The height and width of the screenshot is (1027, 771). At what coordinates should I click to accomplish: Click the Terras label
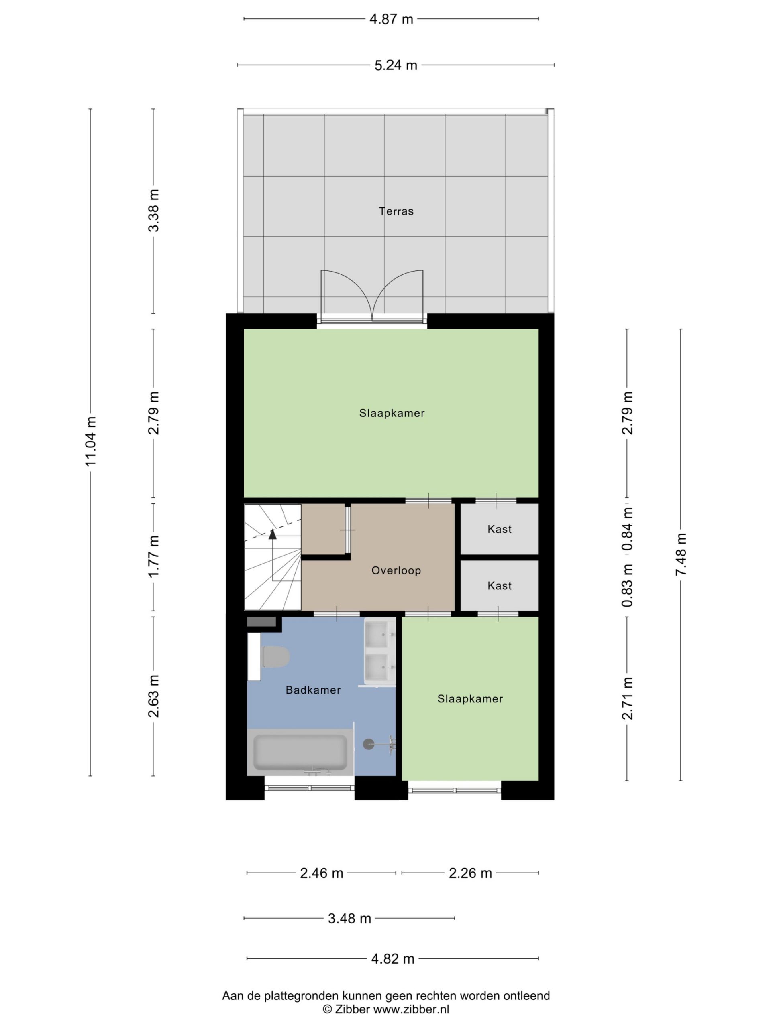(x=396, y=211)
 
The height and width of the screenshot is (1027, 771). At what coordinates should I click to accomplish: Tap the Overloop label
(x=396, y=570)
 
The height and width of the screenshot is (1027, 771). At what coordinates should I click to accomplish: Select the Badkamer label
(x=313, y=690)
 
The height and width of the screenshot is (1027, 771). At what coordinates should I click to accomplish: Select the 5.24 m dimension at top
(x=396, y=65)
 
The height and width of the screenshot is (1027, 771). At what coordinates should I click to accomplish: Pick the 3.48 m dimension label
(x=349, y=919)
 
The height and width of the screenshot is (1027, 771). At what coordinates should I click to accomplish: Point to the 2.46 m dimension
(x=322, y=873)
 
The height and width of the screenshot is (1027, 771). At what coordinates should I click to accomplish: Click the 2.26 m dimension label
(x=470, y=873)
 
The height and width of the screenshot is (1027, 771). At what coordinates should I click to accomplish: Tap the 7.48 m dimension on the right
(x=681, y=554)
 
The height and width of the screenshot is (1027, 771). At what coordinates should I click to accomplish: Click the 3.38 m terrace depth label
(x=153, y=211)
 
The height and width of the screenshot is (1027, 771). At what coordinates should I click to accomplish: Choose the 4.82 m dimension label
(x=393, y=959)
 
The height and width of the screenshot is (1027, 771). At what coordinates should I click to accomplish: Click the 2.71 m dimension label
(x=627, y=699)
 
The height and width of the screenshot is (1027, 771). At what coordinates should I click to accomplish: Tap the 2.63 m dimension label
(x=153, y=696)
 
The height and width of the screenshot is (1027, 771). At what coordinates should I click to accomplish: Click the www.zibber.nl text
(x=411, y=1009)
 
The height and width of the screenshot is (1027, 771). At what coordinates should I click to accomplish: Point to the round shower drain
(x=369, y=745)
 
